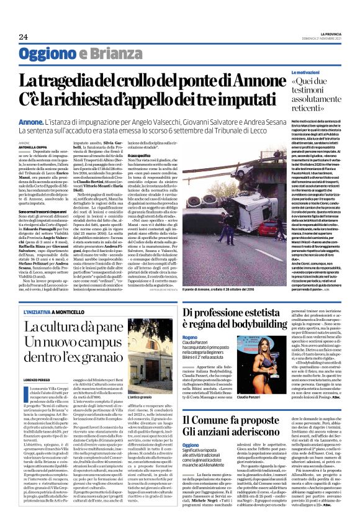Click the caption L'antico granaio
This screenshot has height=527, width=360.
coord(122,397)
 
